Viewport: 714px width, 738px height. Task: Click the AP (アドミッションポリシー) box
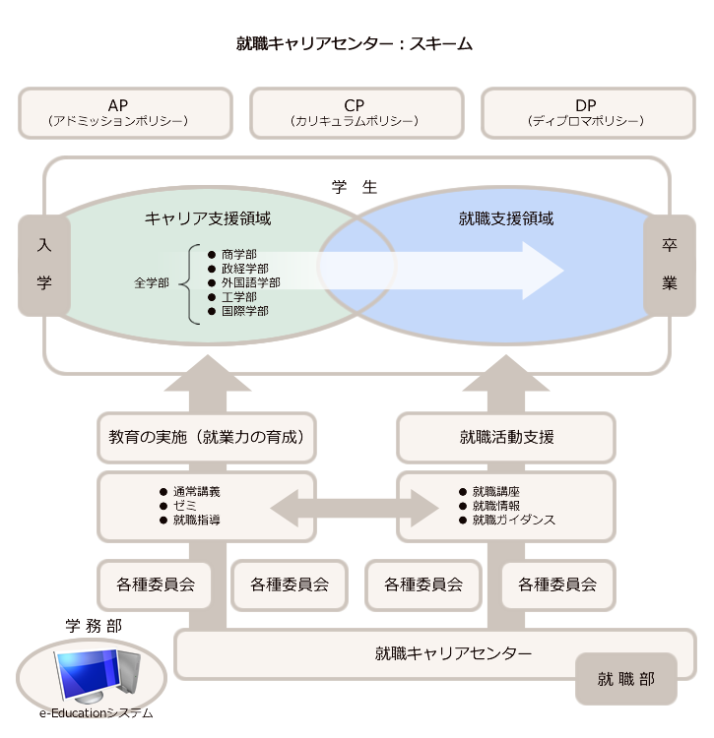[x=125, y=112]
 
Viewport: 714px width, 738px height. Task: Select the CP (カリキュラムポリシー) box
[x=356, y=112]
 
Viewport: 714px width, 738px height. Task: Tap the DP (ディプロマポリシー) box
[x=587, y=112]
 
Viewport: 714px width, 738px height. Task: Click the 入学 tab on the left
[x=43, y=265]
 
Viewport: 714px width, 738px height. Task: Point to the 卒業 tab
[x=670, y=265]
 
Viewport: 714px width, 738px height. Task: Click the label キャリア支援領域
[x=208, y=218]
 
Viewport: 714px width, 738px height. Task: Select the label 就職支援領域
[x=506, y=218]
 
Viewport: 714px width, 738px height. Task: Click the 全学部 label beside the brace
[x=152, y=282]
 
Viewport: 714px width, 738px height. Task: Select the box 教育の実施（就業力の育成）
[x=207, y=437]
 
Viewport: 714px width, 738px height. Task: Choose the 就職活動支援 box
[x=506, y=437]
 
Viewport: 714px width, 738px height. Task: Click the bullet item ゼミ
[x=184, y=505]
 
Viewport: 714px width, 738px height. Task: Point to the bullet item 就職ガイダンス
[x=513, y=519]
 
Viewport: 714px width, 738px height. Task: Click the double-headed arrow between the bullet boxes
[x=355, y=508]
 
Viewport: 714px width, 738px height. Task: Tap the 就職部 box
[x=625, y=679]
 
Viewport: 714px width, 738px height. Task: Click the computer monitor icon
[x=96, y=676]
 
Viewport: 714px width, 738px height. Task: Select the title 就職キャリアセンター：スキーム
[x=355, y=43]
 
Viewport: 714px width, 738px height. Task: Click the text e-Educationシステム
[x=97, y=713]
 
